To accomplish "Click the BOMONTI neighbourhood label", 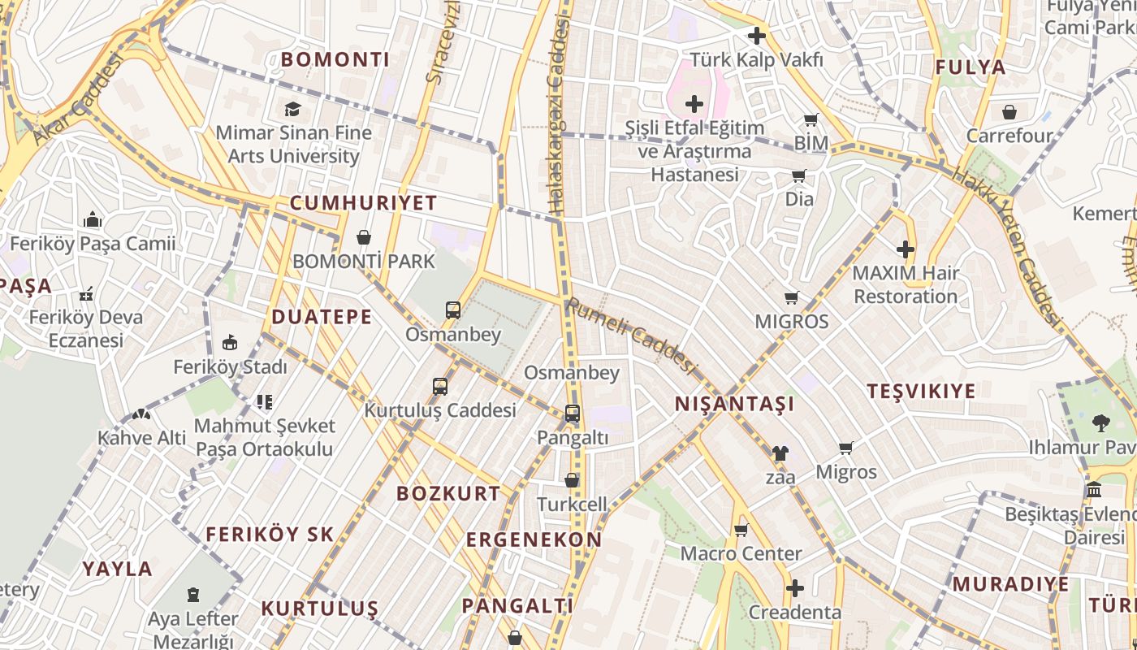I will point(335,59).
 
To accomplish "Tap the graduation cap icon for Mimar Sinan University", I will point(292,109).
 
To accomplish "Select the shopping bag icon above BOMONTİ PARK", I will point(364,237).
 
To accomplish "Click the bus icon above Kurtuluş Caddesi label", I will point(439,387).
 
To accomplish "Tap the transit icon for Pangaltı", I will point(573,414).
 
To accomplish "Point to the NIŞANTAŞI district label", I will point(734,404).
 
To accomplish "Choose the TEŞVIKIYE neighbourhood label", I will point(920,391).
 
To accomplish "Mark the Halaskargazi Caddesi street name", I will point(558,118).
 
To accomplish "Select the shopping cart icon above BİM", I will point(811,120).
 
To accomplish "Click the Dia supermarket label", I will point(799,198).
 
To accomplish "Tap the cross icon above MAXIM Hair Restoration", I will point(906,249).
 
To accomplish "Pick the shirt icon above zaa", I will point(780,453).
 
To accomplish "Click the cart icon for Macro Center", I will point(741,531).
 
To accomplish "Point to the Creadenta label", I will point(794,612).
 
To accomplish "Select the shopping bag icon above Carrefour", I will point(1009,112).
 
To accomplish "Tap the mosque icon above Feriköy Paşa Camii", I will point(93,219).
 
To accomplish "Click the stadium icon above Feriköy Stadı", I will point(230,343).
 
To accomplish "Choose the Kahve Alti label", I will point(142,438).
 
